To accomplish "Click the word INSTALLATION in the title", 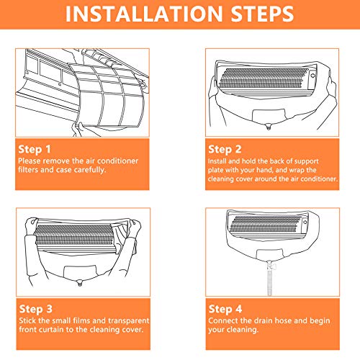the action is [x=144, y=14].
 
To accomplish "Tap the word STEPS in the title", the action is [x=262, y=14].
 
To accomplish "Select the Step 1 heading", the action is [x=35, y=149].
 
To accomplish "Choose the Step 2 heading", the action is [x=225, y=149].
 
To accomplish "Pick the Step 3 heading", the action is [x=35, y=309].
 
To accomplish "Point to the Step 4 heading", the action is [x=225, y=309].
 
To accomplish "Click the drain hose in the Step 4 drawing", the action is [x=269, y=279].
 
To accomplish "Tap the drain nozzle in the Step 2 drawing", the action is [x=269, y=127].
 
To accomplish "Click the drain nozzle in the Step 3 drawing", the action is [x=80, y=283].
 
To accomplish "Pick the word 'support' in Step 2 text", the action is [x=306, y=161].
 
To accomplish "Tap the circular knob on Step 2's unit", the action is [x=313, y=76].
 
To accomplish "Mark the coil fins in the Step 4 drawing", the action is [x=265, y=224].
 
